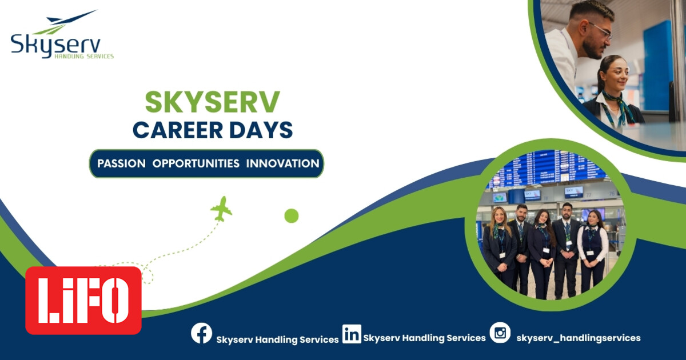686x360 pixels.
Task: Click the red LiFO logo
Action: [83, 300]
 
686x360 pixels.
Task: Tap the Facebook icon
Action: [201, 333]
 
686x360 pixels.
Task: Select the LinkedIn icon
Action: [352, 333]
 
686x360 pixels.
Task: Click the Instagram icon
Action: [500, 333]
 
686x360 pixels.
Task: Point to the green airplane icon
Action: [221, 209]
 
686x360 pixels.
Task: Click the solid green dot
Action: [292, 215]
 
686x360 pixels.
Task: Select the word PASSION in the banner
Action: [121, 163]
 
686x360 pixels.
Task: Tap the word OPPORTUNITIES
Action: [196, 163]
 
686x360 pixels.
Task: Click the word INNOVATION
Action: [282, 163]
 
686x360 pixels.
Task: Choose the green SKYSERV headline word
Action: [212, 102]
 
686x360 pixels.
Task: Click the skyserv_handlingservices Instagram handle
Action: [578, 338]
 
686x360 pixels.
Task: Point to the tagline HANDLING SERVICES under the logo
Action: [83, 57]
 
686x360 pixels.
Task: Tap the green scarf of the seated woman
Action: [617, 106]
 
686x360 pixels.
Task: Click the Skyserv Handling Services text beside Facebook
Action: [277, 339]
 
